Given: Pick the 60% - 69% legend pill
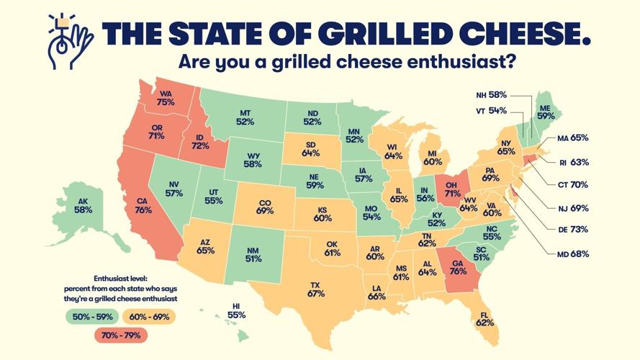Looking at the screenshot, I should [150, 315].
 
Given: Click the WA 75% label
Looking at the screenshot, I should [166, 98].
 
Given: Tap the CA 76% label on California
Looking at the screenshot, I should [143, 205].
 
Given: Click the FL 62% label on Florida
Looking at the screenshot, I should [484, 318].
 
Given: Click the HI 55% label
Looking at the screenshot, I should [237, 310].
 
